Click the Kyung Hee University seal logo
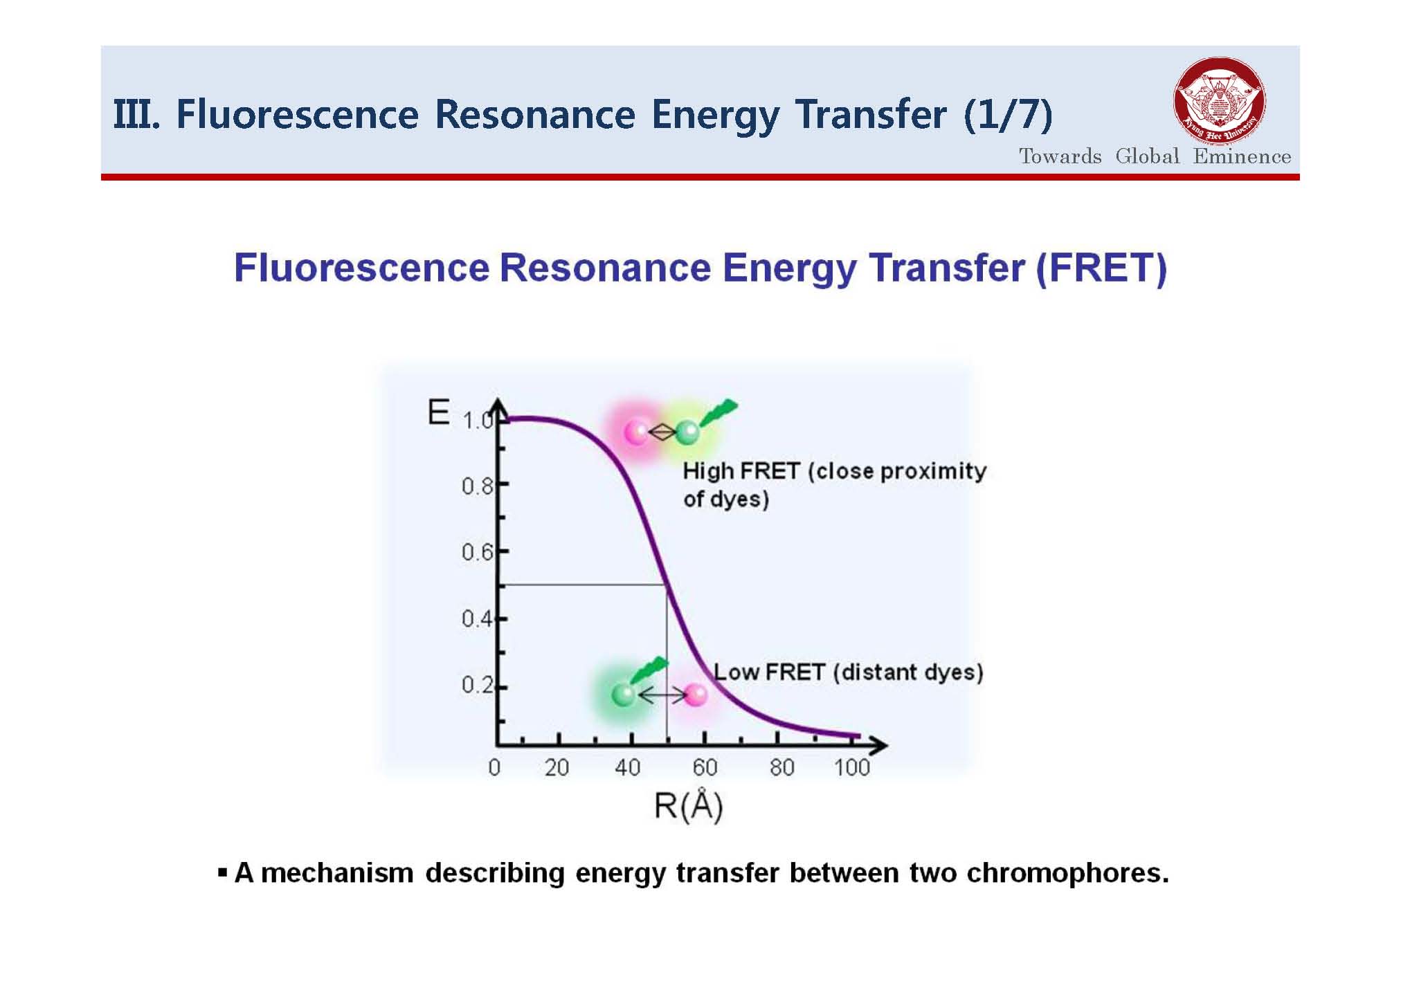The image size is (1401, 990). (1219, 101)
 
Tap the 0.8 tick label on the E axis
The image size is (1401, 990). (477, 486)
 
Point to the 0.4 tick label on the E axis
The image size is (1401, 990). (477, 618)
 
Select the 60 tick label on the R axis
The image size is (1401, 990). (705, 767)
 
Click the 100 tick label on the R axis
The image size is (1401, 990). (851, 767)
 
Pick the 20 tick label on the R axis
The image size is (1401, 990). (557, 767)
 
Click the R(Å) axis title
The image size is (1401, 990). (688, 806)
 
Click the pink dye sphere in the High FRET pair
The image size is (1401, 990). (635, 432)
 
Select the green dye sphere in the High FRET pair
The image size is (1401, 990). (687, 432)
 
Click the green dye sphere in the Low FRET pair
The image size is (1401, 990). (624, 694)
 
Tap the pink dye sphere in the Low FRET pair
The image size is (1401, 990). (695, 694)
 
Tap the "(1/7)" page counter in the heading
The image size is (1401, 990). (1008, 115)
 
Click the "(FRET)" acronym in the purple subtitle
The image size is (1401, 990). (1101, 268)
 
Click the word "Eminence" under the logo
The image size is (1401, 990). (1242, 156)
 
